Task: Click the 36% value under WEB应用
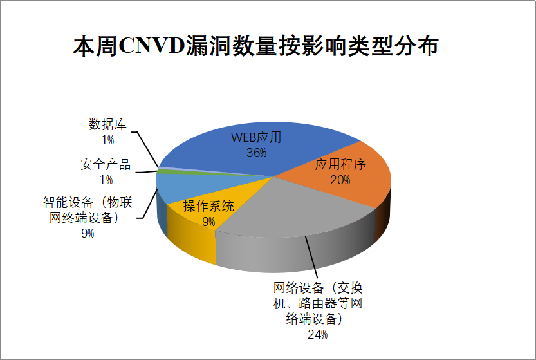tap(256, 153)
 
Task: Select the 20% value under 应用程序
tap(340, 179)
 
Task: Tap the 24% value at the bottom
tap(317, 334)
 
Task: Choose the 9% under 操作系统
tap(208, 221)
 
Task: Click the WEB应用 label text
tap(256, 137)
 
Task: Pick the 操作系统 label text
tap(208, 206)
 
